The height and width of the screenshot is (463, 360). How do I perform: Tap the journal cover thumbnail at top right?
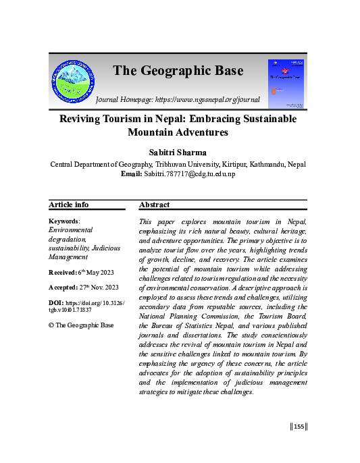tap(286, 83)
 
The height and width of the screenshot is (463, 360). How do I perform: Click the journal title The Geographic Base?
tap(178, 70)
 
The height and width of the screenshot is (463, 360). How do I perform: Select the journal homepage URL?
tap(214, 99)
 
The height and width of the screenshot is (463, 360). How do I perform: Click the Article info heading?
tap(69, 205)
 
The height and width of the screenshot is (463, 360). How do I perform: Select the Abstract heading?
tap(154, 205)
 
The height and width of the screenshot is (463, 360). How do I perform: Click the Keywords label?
tap(64, 221)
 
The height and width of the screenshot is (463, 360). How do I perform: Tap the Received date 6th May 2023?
tap(93, 272)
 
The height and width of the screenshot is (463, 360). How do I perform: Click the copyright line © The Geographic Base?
tap(80, 325)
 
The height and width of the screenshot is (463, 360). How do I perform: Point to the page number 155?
tap(299, 425)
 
